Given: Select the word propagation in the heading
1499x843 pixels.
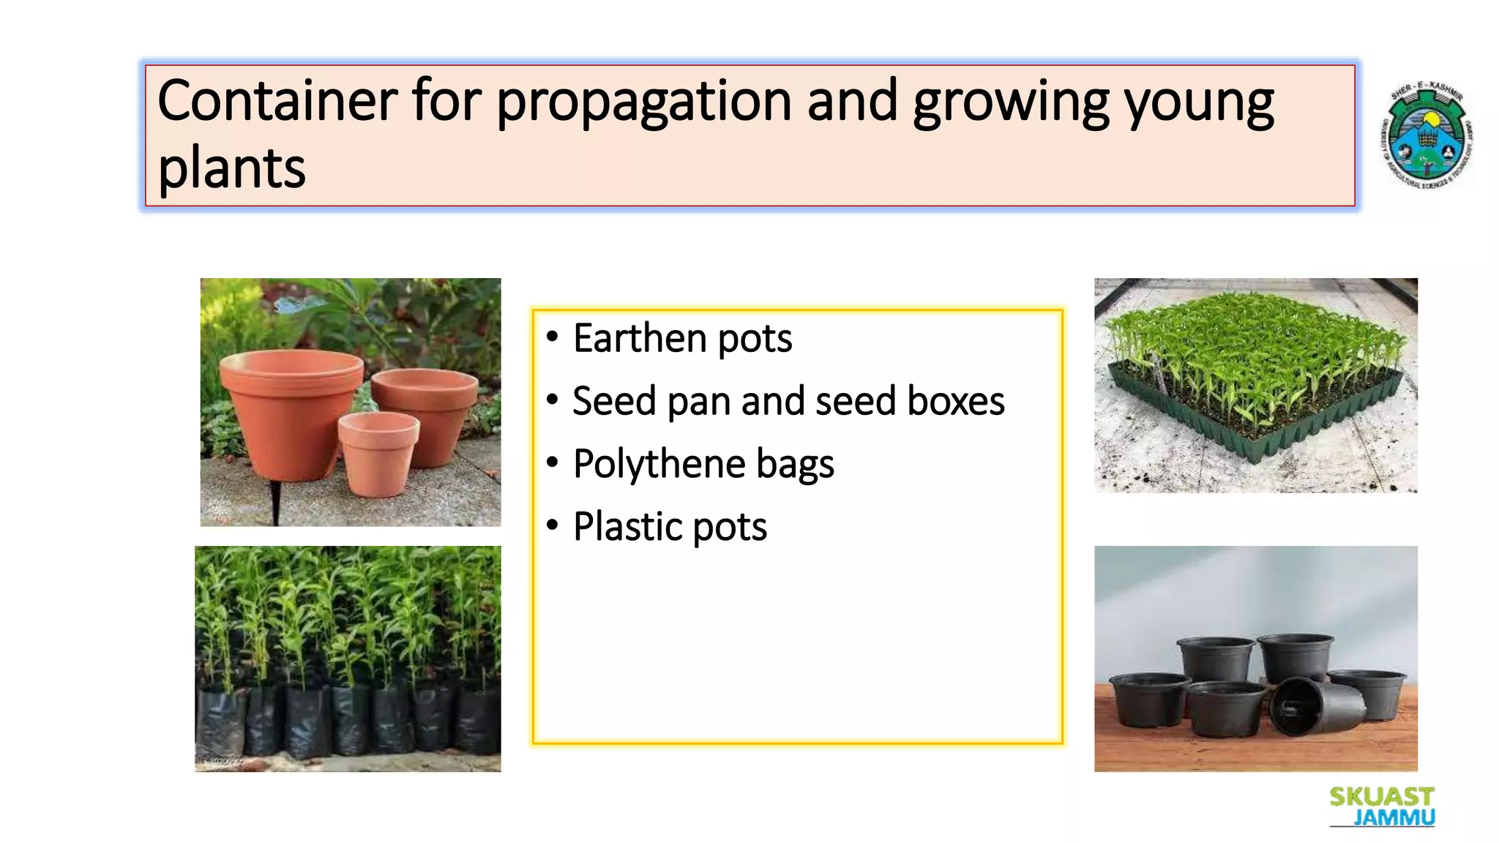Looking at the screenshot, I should (x=643, y=102).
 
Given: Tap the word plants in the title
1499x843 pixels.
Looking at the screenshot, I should (x=231, y=168).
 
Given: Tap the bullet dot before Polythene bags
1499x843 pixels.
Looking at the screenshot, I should (x=553, y=462).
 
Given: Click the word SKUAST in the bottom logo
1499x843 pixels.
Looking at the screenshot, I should (x=1382, y=797).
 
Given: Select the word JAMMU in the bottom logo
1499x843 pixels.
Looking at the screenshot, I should (x=1394, y=817).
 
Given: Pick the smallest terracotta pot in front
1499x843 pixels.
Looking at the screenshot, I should (x=378, y=454).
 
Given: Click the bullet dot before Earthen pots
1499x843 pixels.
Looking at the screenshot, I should (x=553, y=337).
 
